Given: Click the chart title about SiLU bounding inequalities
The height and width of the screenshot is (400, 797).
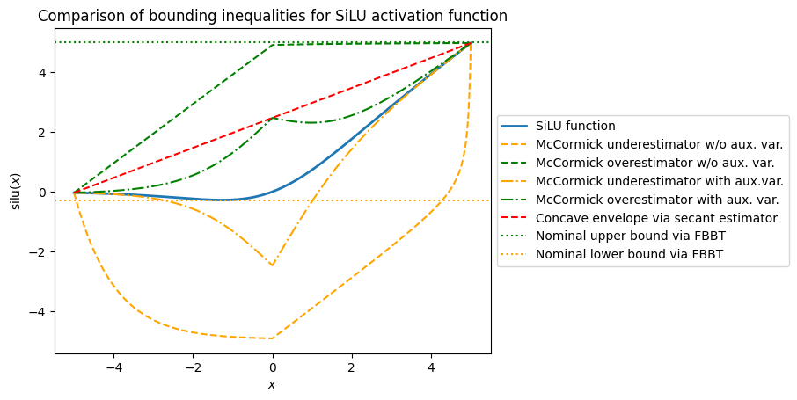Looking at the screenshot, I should tap(273, 17).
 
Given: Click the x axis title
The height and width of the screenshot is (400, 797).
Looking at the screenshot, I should tap(273, 384).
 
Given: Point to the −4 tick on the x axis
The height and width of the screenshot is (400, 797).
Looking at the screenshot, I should tap(113, 367).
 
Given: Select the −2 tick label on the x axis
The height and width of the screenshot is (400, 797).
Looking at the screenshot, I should tap(193, 367).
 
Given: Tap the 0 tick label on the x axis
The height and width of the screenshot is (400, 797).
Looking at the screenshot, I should tap(273, 367).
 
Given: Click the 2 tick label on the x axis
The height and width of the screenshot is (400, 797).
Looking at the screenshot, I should tap(352, 367).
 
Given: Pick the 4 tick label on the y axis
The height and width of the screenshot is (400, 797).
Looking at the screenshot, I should tap(43, 72).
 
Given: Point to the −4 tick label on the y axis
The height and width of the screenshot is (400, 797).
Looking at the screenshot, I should tap(40, 311).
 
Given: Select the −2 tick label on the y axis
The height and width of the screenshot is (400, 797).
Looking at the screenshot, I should tap(40, 251).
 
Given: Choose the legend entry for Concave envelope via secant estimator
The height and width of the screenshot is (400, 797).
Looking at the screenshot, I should tap(656, 218).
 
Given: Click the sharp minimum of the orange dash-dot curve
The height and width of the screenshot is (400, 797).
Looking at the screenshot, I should tap(273, 265).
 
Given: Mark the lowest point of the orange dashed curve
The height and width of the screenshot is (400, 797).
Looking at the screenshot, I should tap(273, 338).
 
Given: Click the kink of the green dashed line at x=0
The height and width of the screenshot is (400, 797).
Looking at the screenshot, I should tap(273, 45).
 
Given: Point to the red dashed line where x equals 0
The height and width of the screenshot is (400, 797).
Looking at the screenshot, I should tap(273, 118).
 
